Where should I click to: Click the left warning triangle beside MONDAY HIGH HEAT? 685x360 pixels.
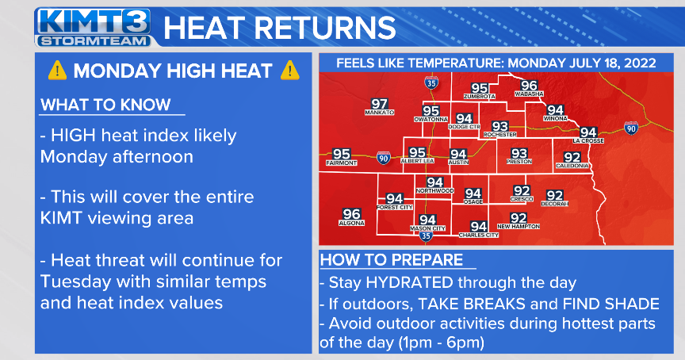pyautogui.click(x=57, y=71)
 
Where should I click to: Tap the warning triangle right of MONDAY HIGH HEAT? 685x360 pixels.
pyautogui.click(x=290, y=71)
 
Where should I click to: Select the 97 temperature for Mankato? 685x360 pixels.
pyautogui.click(x=380, y=104)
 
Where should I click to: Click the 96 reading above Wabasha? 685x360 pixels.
pyautogui.click(x=529, y=86)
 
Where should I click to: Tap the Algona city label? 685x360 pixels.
pyautogui.click(x=351, y=224)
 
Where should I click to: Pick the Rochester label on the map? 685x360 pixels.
pyautogui.click(x=499, y=136)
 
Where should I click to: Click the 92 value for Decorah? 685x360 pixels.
pyautogui.click(x=555, y=195)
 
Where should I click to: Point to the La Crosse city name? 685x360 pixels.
pyautogui.click(x=588, y=141)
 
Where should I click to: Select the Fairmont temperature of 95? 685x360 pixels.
pyautogui.click(x=342, y=154)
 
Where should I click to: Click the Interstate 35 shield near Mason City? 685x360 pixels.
pyautogui.click(x=426, y=236)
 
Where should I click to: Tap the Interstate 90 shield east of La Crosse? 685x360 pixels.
pyautogui.click(x=630, y=128)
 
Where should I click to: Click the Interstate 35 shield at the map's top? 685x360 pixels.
pyautogui.click(x=431, y=82)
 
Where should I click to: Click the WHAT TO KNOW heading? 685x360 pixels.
pyautogui.click(x=105, y=105)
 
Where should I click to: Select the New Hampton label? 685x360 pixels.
pyautogui.click(x=519, y=227)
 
